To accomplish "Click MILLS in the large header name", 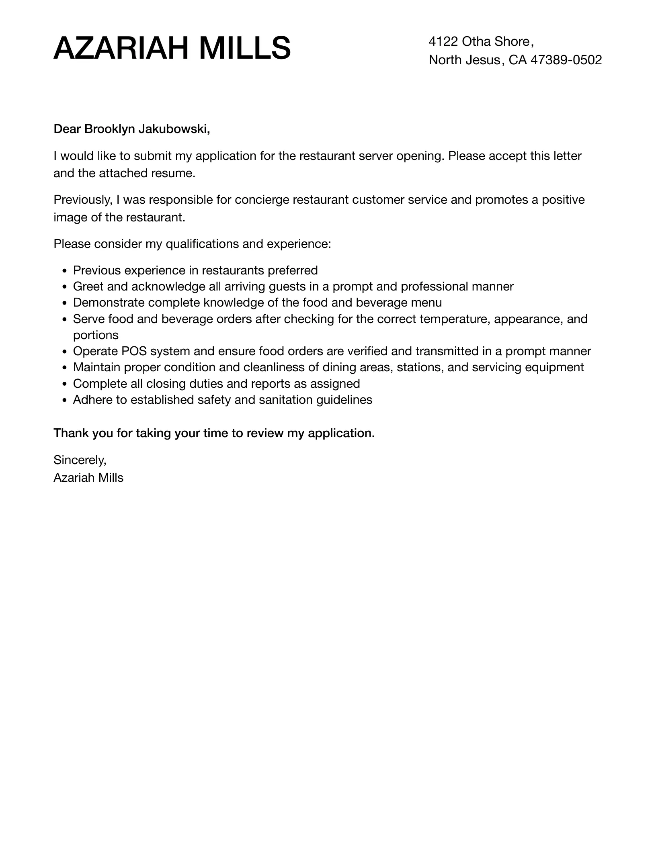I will tap(245, 49).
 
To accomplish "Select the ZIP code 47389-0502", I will tap(566, 60).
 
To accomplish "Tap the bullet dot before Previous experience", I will tap(65, 271).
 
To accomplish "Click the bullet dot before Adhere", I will tap(65, 401).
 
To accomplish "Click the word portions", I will tap(96, 335).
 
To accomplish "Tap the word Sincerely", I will tap(80, 460).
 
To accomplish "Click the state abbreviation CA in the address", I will tap(518, 60).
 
